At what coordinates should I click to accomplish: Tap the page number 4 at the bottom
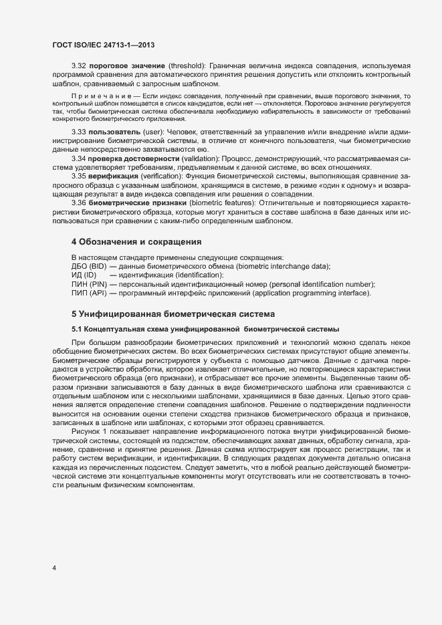click(54, 568)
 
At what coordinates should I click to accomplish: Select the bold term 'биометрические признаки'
click(138, 202)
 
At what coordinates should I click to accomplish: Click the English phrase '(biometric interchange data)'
click(277, 266)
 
